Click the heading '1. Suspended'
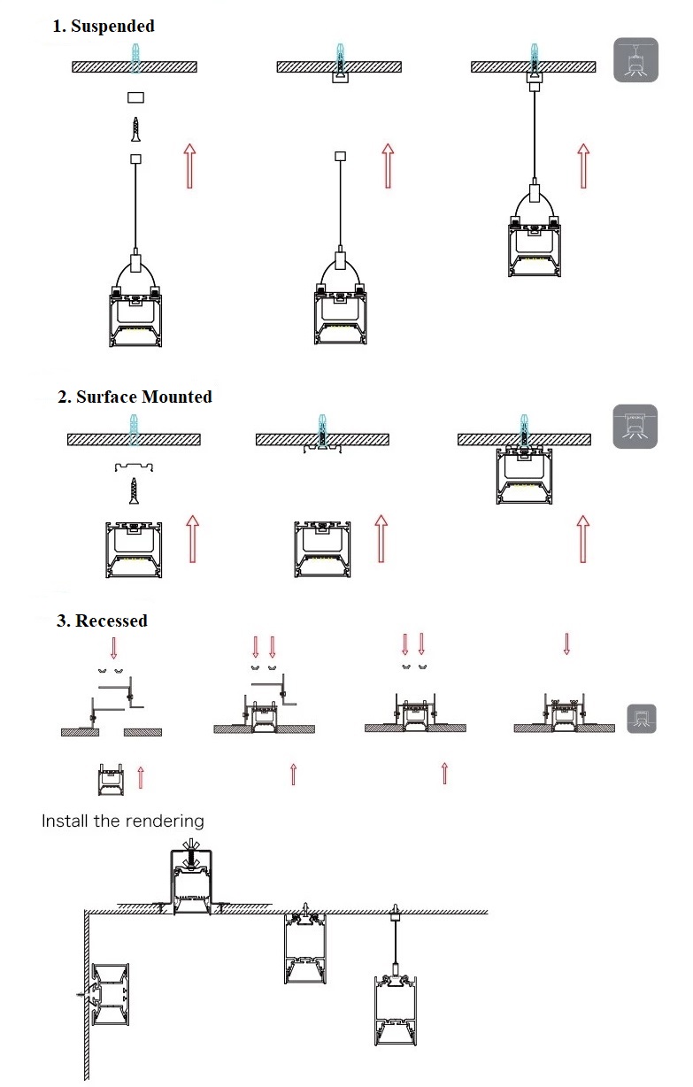tap(103, 26)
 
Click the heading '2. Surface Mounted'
tap(135, 397)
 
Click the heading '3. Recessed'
tap(102, 621)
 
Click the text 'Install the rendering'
tap(123, 821)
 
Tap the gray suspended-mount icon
tap(635, 60)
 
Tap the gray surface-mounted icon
tap(635, 426)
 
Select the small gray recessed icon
tap(642, 718)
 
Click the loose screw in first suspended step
tap(135, 129)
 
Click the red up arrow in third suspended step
tap(582, 164)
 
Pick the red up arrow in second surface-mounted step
tap(381, 538)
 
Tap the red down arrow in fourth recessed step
tap(566, 644)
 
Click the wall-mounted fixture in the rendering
tap(110, 997)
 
